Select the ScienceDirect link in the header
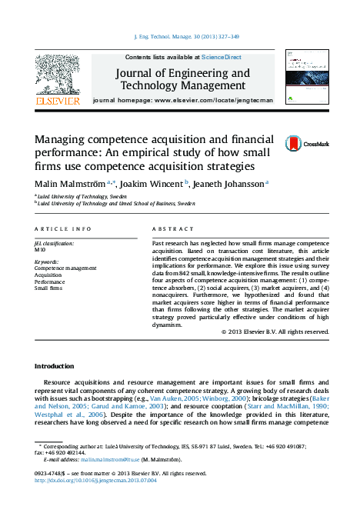coord(222,58)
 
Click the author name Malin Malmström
coord(70,184)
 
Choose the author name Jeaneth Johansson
coord(230,184)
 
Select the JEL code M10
coord(40,250)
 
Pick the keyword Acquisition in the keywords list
coord(48,275)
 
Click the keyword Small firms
coord(47,288)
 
